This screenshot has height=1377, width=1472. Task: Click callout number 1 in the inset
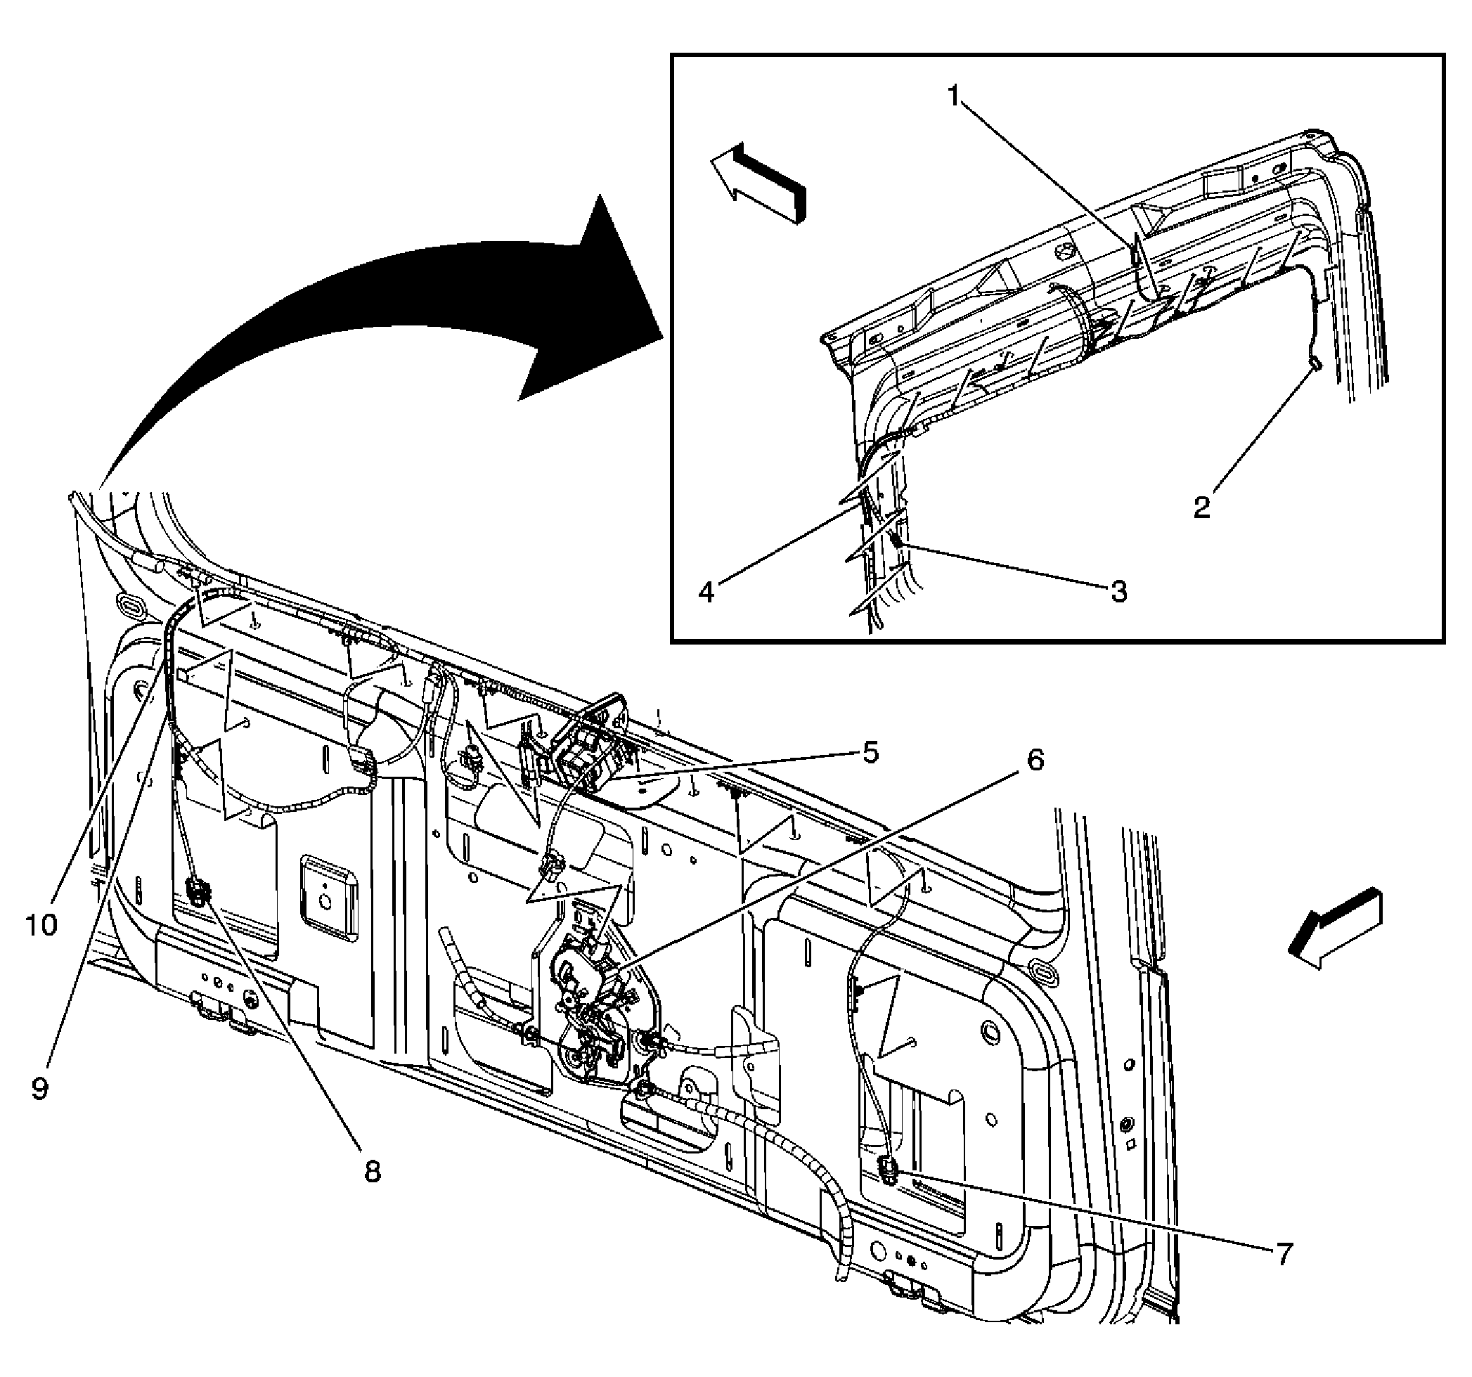point(955,96)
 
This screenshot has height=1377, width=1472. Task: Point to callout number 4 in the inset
point(707,592)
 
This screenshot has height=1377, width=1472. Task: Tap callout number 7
point(1283,1253)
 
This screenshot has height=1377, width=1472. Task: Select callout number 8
point(372,1171)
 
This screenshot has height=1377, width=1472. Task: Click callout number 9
point(40,1087)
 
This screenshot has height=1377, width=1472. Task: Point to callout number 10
point(41,924)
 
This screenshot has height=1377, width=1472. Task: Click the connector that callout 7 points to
point(888,1170)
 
